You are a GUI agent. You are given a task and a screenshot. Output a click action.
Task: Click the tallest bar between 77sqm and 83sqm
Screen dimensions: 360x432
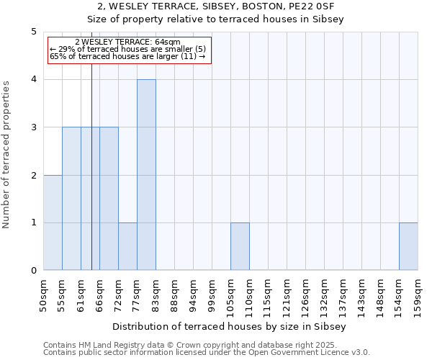point(146,175)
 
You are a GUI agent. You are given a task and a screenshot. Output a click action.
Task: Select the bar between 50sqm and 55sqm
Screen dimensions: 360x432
point(53,222)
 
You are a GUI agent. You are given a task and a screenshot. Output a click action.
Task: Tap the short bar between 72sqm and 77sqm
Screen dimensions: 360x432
point(127,246)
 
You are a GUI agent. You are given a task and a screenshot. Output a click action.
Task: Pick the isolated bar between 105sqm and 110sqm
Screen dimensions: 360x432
point(240,246)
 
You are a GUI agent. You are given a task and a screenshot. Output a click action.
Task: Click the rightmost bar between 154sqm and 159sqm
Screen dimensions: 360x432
point(408,246)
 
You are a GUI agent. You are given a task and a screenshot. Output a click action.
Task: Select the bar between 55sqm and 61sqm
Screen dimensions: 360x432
point(71,199)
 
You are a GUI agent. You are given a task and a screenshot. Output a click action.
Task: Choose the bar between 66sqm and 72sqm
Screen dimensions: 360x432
point(109,199)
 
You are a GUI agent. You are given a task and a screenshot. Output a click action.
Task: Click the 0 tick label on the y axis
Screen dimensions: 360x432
point(33,271)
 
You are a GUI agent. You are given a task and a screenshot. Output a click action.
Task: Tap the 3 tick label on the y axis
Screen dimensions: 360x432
point(33,127)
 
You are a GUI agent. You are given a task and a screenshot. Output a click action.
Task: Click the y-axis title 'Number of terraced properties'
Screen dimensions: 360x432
point(7,155)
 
